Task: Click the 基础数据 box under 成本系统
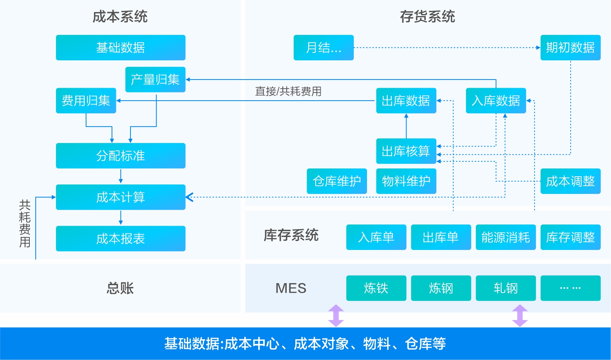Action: tap(121, 47)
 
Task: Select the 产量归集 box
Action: tap(155, 80)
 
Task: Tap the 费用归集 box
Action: tap(86, 101)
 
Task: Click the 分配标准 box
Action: tap(121, 156)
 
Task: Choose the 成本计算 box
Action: tap(121, 197)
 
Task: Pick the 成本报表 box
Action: tap(121, 239)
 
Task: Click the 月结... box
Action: tap(324, 47)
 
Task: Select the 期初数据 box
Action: tap(570, 47)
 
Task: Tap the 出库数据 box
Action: tap(406, 101)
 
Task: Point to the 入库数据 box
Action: tap(495, 101)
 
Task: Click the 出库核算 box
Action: tap(406, 151)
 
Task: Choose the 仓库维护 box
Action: tap(336, 181)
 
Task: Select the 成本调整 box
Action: tap(570, 181)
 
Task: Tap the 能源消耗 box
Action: tap(505, 237)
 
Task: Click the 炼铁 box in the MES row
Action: tap(376, 288)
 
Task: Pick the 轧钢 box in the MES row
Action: tap(505, 288)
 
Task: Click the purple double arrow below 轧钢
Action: tap(520, 315)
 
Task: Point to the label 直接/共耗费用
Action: tap(288, 91)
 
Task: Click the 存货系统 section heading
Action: tap(427, 17)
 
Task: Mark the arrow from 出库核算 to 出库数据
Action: tap(406, 126)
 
